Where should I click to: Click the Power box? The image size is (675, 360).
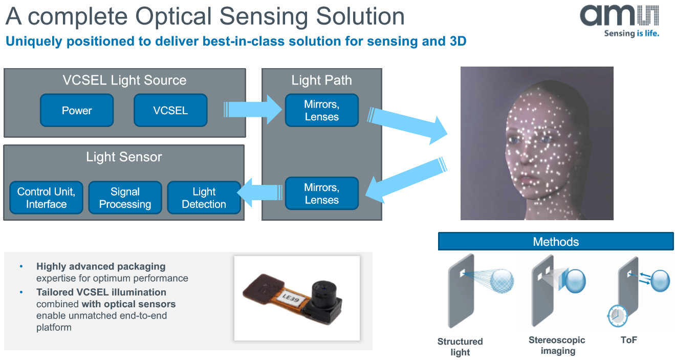tap(77, 110)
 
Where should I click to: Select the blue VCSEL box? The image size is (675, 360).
tap(170, 110)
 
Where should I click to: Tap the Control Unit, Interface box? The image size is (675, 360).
tap(46, 198)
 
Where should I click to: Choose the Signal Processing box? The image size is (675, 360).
tap(125, 198)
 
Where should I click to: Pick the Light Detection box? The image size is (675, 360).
tap(204, 198)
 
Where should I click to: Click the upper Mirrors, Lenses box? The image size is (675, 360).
tap(321, 110)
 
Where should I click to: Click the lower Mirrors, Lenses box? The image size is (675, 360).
tap(321, 194)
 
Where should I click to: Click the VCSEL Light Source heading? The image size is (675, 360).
tap(124, 80)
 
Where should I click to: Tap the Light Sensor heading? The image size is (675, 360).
tap(124, 157)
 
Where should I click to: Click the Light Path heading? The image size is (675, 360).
tap(321, 80)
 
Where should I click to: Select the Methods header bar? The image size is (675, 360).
tap(556, 242)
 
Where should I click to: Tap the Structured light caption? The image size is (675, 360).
tap(460, 347)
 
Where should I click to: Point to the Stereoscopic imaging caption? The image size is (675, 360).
tap(557, 345)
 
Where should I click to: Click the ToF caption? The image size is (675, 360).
tap(629, 340)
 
